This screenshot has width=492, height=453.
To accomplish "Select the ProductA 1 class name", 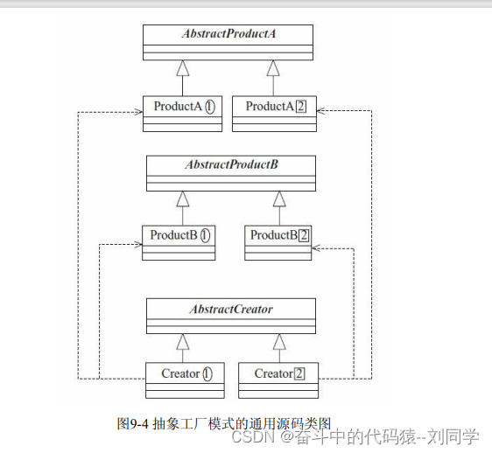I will (x=184, y=107).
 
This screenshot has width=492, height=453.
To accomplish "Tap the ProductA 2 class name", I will (x=275, y=107).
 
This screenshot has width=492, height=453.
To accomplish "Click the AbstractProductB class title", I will (x=231, y=164).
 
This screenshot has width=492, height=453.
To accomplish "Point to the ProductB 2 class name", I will (x=280, y=235).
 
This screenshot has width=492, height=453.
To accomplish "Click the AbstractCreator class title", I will (x=231, y=310).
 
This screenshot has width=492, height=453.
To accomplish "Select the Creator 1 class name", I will (x=186, y=373).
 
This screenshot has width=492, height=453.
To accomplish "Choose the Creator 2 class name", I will (x=279, y=373).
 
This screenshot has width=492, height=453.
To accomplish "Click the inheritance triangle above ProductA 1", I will (x=183, y=67).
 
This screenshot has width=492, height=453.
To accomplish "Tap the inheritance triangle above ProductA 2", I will (x=275, y=67).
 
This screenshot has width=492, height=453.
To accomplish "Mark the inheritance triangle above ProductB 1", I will (x=182, y=199).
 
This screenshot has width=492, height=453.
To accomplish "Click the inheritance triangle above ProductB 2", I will (x=279, y=199).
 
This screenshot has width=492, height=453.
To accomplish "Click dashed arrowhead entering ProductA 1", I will (x=138, y=112).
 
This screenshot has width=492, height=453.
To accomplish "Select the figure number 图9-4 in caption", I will (x=132, y=422).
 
